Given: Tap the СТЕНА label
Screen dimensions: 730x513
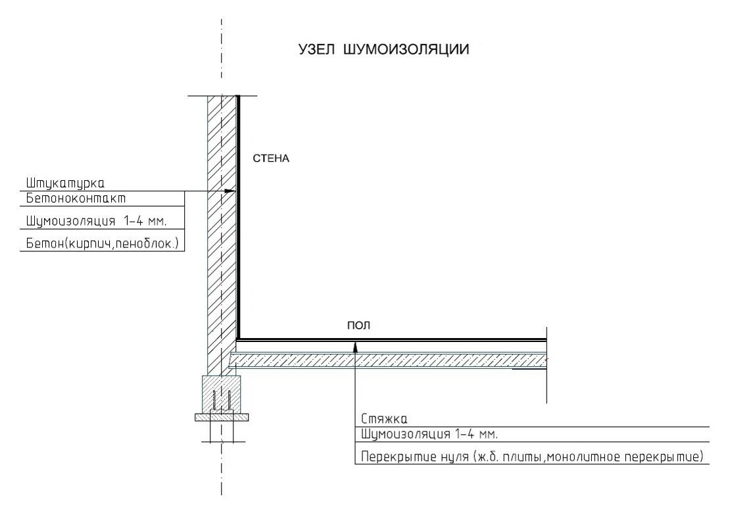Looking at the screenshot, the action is (271, 159).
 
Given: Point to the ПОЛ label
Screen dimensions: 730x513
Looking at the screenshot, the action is (354, 325).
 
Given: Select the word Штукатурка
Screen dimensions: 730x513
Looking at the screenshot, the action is (66, 182).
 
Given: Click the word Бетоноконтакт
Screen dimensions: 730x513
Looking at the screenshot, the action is (76, 197).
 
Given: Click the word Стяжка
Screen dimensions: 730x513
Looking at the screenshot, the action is (384, 418).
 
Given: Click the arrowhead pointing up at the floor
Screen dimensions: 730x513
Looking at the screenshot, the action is (354, 343).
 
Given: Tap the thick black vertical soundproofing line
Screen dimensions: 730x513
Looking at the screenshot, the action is (238, 217).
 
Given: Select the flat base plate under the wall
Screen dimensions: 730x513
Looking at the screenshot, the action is (222, 417).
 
